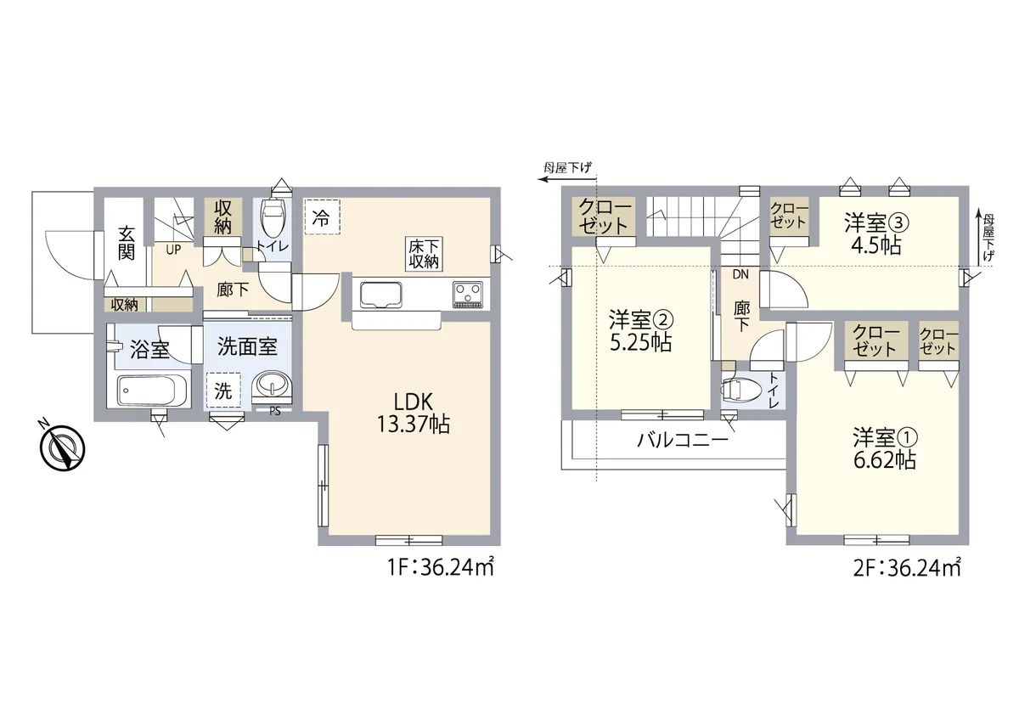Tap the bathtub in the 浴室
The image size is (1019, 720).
pyautogui.click(x=152, y=391)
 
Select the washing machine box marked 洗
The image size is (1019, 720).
pyautogui.click(x=222, y=390)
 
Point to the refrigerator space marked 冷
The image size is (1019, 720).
pyautogui.click(x=323, y=217)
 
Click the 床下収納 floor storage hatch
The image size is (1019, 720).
pyautogui.click(x=424, y=254)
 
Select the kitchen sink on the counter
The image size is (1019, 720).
pyautogui.click(x=381, y=295)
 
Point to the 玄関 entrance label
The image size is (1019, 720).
pyautogui.click(x=127, y=243)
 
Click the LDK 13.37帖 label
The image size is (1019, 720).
pyautogui.click(x=413, y=413)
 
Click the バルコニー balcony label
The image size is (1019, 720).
pyautogui.click(x=683, y=440)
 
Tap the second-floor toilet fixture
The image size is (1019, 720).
pyautogui.click(x=736, y=390)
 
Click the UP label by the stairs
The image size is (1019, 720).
pyautogui.click(x=173, y=250)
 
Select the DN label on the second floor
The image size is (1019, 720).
pyautogui.click(x=740, y=274)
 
